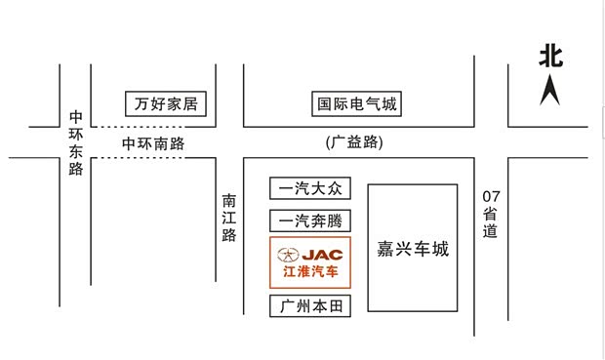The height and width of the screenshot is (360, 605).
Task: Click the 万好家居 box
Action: (x=168, y=103)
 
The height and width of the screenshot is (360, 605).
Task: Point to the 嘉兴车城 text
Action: (x=413, y=249)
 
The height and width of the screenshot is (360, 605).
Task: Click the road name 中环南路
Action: (x=153, y=143)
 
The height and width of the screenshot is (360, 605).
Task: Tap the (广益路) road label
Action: (x=354, y=142)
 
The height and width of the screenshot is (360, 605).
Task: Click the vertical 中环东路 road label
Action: (x=76, y=142)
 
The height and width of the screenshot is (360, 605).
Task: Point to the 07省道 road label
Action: (x=490, y=214)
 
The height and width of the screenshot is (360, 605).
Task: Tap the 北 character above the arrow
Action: (x=550, y=56)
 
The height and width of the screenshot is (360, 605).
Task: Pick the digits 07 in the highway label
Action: (x=490, y=196)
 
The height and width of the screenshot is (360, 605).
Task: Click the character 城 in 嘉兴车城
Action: (x=440, y=249)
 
